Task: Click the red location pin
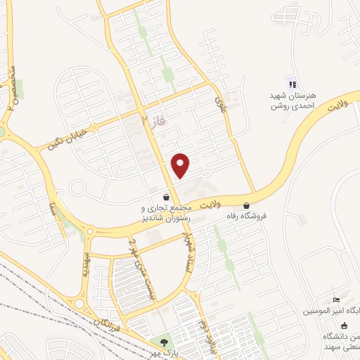pos(181,165)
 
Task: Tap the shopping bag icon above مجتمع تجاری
pos(165,198)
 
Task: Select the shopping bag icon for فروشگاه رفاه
pos(246,206)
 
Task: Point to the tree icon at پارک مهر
pos(164,342)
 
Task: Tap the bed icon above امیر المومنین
pos(335,300)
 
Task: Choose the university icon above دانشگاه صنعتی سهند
pos(344,325)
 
